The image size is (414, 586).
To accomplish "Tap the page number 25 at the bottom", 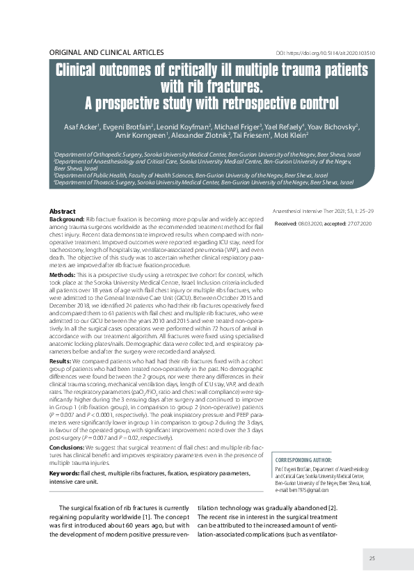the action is point(372,558).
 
